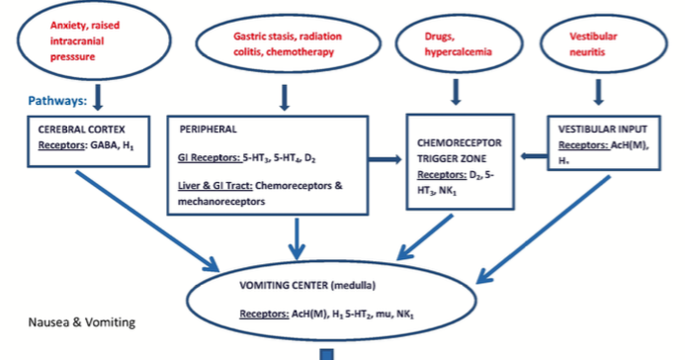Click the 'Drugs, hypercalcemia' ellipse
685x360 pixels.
pos(456,41)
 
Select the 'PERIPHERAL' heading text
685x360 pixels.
pos(210,130)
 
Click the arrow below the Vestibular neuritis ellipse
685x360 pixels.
pos(598,91)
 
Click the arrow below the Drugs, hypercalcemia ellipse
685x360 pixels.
pos(456,91)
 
